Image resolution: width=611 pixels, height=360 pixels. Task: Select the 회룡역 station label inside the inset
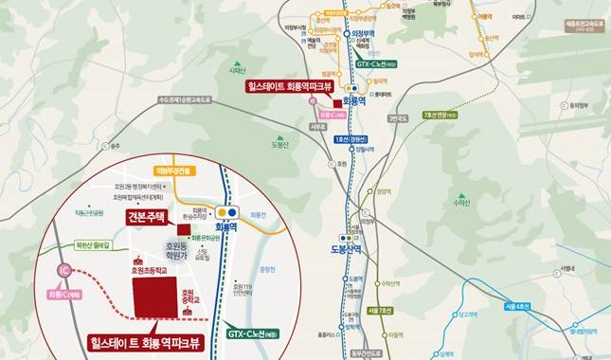coord(225,228)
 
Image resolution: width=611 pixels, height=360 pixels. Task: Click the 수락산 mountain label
coord(461,202)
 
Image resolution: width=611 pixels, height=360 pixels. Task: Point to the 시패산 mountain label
coord(237,69)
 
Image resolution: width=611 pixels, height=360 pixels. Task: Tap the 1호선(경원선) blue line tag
coord(350,140)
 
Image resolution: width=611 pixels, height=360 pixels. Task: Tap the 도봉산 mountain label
coord(279,145)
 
